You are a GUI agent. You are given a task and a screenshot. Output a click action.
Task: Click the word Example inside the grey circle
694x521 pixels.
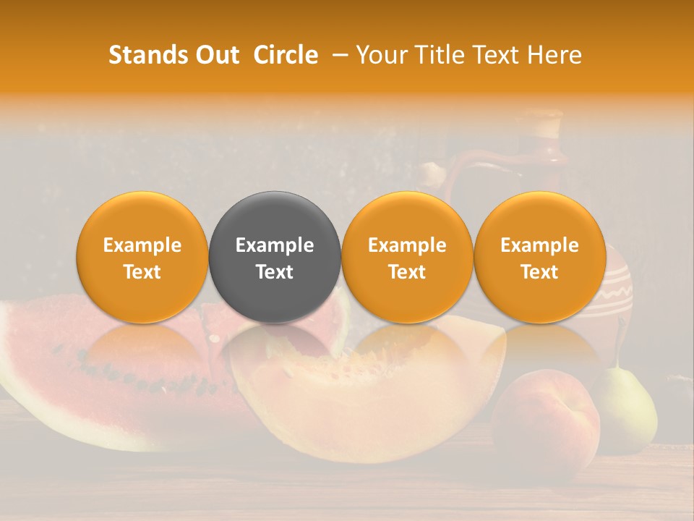pyautogui.click(x=275, y=245)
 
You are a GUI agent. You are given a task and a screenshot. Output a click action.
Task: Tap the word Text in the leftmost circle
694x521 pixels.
pyautogui.click(x=142, y=272)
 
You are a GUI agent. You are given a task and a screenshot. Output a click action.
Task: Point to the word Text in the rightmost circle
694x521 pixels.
pyautogui.click(x=539, y=272)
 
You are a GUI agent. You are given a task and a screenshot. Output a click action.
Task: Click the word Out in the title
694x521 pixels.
pyautogui.click(x=217, y=55)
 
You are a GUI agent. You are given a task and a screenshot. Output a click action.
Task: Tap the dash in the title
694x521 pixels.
pyautogui.click(x=339, y=55)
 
